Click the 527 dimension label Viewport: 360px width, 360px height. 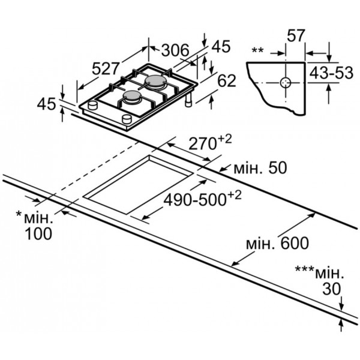tap(106, 68)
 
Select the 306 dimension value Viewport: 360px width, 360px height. tap(175, 50)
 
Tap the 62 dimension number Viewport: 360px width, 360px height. tap(227, 80)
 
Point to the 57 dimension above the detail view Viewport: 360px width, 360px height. tap(296, 35)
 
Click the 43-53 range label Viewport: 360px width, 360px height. tap(331, 73)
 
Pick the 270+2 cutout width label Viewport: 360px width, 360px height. tap(210, 143)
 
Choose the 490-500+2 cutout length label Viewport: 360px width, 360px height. tap(203, 199)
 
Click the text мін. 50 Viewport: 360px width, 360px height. tap(260, 167)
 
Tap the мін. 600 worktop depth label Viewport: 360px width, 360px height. tap(277, 244)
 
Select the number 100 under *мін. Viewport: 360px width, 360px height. tap(38, 234)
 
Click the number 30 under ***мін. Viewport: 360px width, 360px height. tap(332, 289)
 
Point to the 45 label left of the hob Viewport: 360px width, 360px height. tap(46, 104)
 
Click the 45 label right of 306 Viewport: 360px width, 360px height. tap(221, 46)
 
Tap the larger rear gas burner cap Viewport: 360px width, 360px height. tap(155, 81)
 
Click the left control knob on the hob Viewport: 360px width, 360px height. tap(93, 105)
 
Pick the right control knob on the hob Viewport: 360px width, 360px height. tap(127, 119)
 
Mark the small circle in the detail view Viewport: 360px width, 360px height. tap(286, 83)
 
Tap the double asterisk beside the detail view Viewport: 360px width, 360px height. tap(257, 50)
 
